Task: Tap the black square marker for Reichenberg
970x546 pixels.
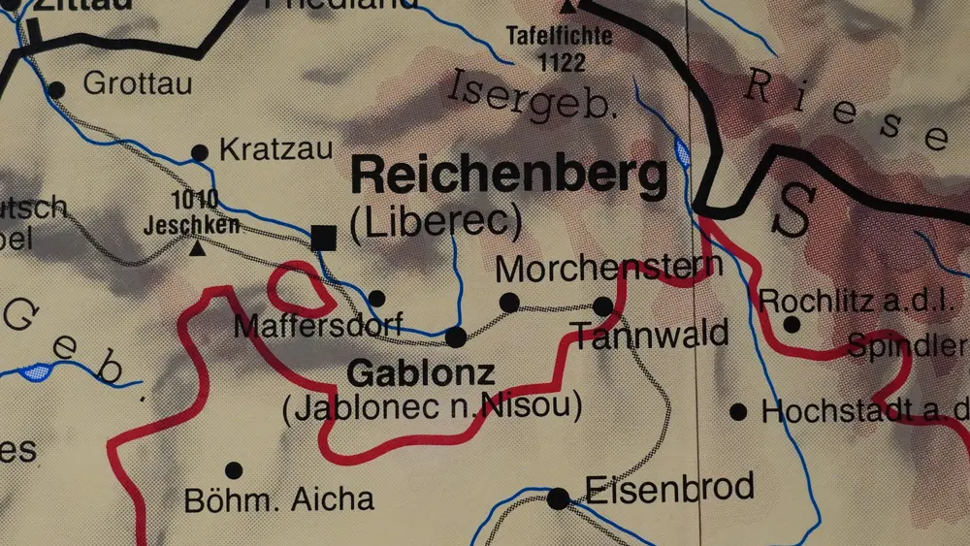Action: coord(323,238)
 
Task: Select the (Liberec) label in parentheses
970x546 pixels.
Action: coord(436,223)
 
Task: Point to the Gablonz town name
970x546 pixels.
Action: coord(421,372)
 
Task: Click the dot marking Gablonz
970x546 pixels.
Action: coord(456,337)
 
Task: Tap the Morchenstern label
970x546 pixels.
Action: coord(596,269)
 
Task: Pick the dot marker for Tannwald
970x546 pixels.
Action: coord(602,306)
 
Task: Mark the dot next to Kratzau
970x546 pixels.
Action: coord(200,152)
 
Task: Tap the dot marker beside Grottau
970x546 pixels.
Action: coord(56,89)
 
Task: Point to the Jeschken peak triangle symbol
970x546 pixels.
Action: coord(198,248)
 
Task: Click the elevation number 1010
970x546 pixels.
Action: coord(194,201)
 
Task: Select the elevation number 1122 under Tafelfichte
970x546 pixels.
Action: coord(560,64)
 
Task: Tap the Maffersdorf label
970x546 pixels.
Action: coord(318,326)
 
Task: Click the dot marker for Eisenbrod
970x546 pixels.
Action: coord(558,498)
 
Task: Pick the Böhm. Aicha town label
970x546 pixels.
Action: coord(278,499)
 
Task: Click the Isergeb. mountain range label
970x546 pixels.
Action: coord(533,97)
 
